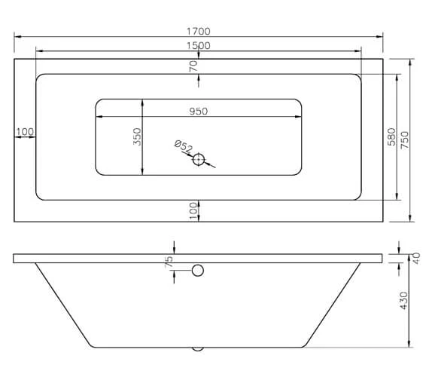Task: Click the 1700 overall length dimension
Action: (x=199, y=32)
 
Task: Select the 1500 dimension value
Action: (x=199, y=45)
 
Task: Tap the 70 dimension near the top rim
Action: (x=193, y=66)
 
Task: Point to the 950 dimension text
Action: (x=198, y=111)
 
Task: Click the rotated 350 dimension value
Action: (x=137, y=136)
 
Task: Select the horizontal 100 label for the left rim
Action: (x=25, y=132)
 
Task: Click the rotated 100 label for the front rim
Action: (x=193, y=210)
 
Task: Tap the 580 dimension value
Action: (x=391, y=136)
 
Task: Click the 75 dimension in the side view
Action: (x=169, y=262)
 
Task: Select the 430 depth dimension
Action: (x=403, y=300)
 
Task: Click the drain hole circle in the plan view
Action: (x=199, y=159)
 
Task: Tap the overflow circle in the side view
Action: (x=198, y=271)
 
